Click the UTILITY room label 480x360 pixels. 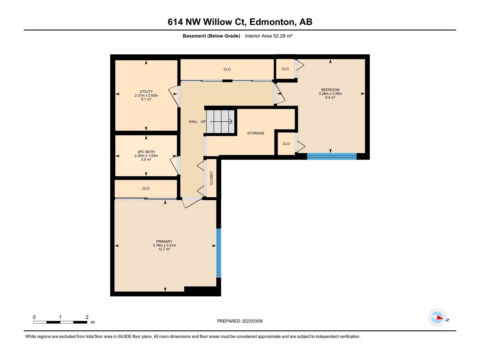146,91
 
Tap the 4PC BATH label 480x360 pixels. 146,152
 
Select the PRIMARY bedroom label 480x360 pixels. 164,241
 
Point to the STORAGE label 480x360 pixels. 256,133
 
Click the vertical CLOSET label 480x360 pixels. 211,178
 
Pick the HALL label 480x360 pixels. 193,121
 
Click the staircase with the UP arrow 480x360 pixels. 220,121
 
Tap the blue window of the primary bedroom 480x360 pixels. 218,253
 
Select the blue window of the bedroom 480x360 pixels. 332,156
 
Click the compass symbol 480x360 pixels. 437,317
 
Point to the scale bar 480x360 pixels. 60,322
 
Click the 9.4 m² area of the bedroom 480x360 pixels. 330,97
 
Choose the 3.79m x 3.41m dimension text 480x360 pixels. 164,245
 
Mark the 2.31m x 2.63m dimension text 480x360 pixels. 146,95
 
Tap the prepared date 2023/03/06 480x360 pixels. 252,321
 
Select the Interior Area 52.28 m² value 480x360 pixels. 269,36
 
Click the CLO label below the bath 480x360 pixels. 145,188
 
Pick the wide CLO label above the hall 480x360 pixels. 227,69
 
